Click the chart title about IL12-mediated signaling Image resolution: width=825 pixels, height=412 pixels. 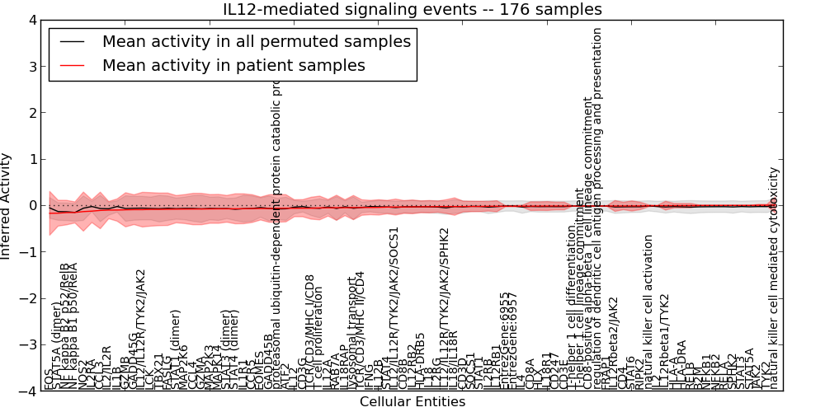click(x=412, y=9)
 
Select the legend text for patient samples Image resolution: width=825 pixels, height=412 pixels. click(x=233, y=65)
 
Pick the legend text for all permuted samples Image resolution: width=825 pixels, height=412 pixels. click(x=256, y=41)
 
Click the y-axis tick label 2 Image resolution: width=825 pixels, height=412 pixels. click(x=32, y=113)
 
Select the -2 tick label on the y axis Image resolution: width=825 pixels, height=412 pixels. click(x=29, y=299)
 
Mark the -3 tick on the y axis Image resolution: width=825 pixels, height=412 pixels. click(x=29, y=345)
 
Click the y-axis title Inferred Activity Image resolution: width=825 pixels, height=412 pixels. click(x=7, y=205)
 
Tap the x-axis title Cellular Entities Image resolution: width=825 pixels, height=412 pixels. click(x=412, y=402)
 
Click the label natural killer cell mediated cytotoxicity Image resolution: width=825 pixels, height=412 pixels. click(x=773, y=278)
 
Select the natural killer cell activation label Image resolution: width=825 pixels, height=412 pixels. click(x=648, y=311)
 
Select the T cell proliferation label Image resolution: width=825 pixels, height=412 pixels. click(x=320, y=339)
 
